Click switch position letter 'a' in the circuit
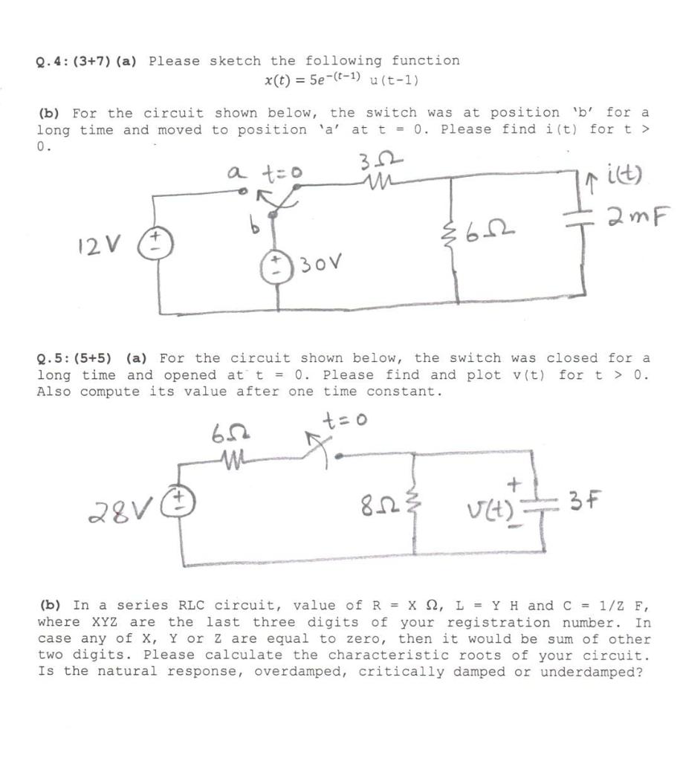click(233, 172)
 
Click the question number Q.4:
click(52, 61)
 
